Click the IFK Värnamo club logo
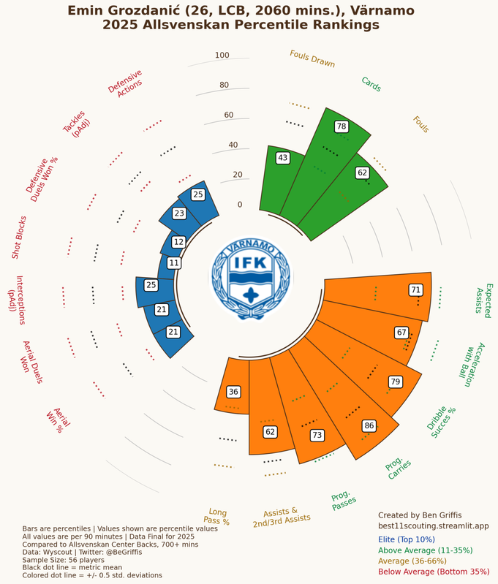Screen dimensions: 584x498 tap(251, 277)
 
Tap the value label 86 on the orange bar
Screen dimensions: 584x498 tap(369, 425)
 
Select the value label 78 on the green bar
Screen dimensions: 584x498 tap(341, 126)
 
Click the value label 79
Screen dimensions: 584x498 tap(396, 382)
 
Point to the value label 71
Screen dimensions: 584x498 tap(415, 290)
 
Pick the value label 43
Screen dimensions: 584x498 tap(282, 158)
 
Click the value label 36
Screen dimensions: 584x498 tap(233, 392)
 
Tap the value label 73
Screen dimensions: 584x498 tap(317, 435)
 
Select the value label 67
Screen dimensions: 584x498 tap(401, 333)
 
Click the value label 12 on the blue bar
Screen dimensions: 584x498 tap(178, 242)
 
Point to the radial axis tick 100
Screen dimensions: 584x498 tap(222, 56)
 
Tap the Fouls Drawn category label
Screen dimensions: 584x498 tap(312, 59)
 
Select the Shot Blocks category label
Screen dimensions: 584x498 tap(19, 237)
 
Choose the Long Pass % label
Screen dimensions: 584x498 tap(218, 517)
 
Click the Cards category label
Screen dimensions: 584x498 tap(371, 85)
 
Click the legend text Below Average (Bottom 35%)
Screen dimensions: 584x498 tap(434, 572)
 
